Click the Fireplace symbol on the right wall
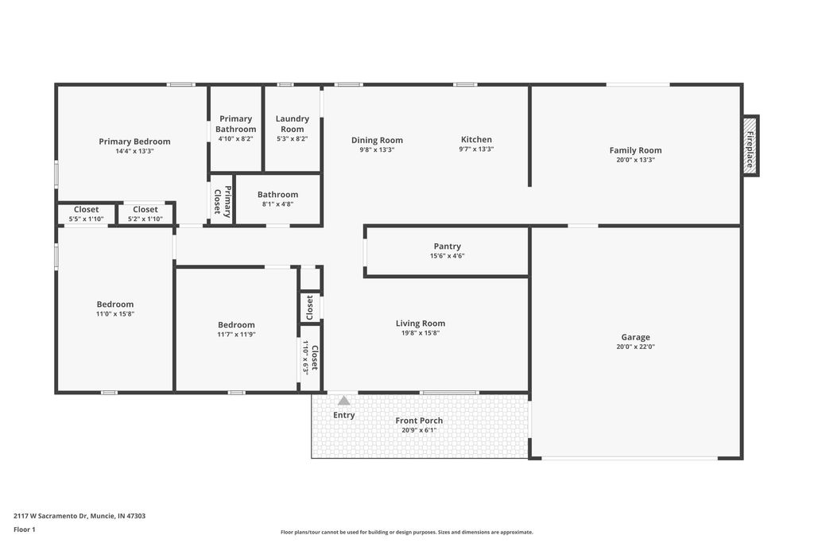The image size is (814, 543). [750, 145]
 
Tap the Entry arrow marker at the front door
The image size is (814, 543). [343, 401]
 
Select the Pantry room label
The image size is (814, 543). [447, 246]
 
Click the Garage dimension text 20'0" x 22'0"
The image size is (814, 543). [635, 347]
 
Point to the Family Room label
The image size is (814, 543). [635, 150]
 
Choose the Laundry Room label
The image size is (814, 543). [292, 124]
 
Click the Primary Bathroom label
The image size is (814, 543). [235, 124]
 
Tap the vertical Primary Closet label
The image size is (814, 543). [222, 200]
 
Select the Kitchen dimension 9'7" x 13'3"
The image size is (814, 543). [476, 149]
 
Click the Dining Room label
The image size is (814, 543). [377, 141]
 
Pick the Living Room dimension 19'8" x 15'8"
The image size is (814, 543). [421, 333]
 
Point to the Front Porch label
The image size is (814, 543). [419, 421]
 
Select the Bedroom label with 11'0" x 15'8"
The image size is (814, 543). [115, 304]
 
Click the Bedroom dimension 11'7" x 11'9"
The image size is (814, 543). [237, 335]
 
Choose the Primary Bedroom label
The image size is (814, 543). [134, 142]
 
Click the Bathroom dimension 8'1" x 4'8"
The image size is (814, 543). [277, 204]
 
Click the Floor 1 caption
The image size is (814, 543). [25, 529]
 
